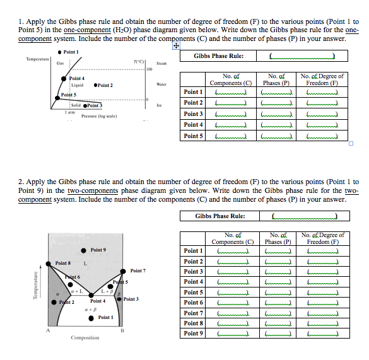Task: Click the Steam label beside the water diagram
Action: click(x=162, y=63)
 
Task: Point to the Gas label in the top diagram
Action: click(x=60, y=63)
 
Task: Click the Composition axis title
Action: click(x=85, y=337)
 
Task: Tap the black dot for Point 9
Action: click(x=83, y=250)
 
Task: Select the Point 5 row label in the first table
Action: click(x=193, y=136)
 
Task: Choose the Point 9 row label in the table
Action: click(x=193, y=334)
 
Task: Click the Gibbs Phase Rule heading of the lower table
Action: click(x=220, y=216)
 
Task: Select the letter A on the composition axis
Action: click(x=48, y=330)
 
